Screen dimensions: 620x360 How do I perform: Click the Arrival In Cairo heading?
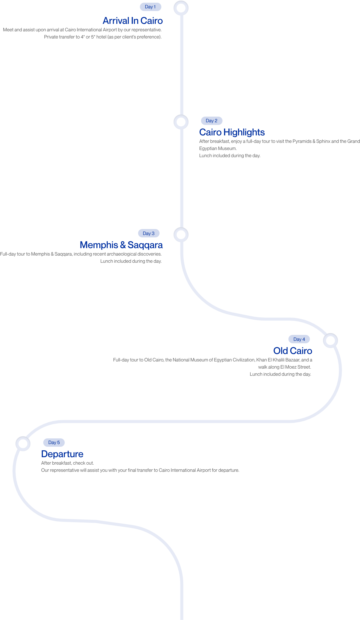(x=133, y=21)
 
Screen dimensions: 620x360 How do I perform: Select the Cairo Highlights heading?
(x=232, y=132)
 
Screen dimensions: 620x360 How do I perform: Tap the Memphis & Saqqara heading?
(x=121, y=245)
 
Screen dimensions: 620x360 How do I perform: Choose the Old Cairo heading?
(x=293, y=351)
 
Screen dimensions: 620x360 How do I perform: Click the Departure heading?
(x=62, y=454)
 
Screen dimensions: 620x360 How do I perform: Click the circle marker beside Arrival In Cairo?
(x=181, y=8)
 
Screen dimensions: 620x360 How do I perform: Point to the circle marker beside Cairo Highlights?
(x=181, y=122)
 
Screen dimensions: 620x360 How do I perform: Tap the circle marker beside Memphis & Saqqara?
(x=181, y=235)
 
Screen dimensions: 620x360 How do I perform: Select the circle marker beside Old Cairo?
(x=330, y=340)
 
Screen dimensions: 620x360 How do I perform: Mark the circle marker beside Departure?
(x=23, y=443)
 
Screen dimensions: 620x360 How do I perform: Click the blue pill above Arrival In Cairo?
(x=151, y=7)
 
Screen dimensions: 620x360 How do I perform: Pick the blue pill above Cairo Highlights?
(x=212, y=121)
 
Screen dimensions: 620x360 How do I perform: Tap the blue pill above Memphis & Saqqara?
(x=149, y=233)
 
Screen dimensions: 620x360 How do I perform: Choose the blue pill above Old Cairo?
(x=299, y=339)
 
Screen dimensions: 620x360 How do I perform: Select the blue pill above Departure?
(x=54, y=443)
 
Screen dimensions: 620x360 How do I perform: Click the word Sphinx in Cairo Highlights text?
(x=323, y=141)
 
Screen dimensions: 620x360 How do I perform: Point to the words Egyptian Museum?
(x=218, y=149)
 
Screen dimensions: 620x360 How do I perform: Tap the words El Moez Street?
(x=296, y=367)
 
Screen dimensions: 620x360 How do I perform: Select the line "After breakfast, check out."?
(x=67, y=463)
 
